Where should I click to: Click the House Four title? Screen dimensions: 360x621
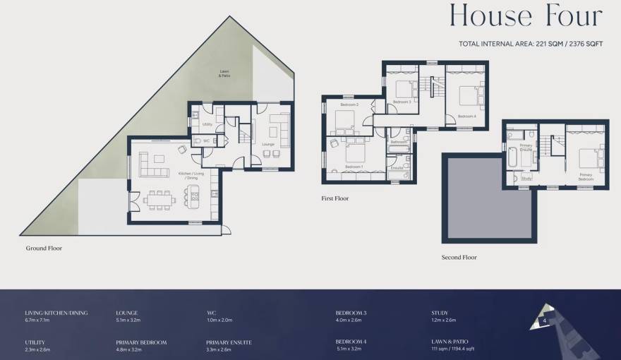point(526,16)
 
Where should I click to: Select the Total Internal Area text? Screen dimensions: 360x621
point(531,44)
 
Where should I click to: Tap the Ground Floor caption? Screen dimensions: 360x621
point(44,248)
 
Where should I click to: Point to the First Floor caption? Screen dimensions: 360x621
point(335,199)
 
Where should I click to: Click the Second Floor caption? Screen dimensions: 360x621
point(459,258)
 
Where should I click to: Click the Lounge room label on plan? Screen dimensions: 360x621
point(267,144)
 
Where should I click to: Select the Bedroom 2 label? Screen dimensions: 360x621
point(349,104)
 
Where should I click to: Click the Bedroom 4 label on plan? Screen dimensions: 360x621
point(466,116)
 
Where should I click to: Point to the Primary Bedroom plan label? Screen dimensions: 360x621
point(586,176)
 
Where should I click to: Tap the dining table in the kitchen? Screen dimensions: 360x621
point(159,200)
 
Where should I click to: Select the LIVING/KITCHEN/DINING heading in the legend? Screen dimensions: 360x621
point(56,313)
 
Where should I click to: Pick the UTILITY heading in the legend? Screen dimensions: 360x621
point(35,342)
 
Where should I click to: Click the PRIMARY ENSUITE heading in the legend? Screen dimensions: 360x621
point(229,342)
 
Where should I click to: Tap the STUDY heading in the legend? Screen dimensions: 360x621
point(440,313)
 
